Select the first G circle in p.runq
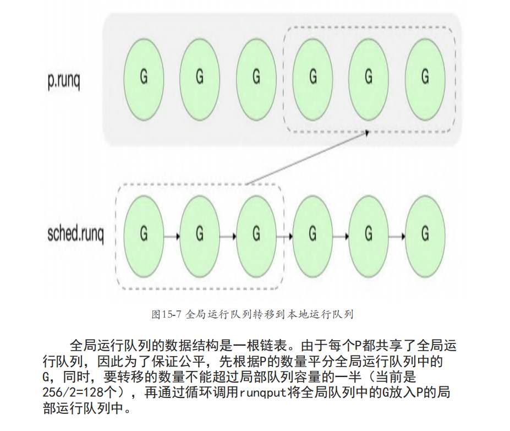coord(144,77)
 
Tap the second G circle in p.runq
coord(200,77)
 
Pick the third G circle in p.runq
coord(256,77)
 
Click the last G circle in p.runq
coord(424,77)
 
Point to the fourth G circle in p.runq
coord(312,77)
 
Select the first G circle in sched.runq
coord(144,236)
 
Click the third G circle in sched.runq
coord(256,236)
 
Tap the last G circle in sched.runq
coord(424,236)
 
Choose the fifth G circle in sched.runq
coord(369,236)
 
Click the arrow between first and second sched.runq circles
coord(172,237)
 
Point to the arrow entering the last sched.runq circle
coord(397,237)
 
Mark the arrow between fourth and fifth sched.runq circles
coord(341,237)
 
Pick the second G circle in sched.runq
coord(200,236)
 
